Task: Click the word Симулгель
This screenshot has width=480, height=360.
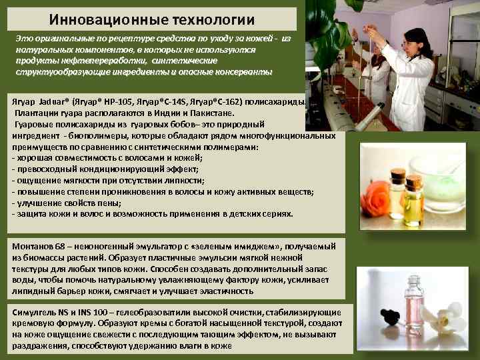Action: (34, 312)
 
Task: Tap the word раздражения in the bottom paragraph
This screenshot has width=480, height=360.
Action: (39, 345)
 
